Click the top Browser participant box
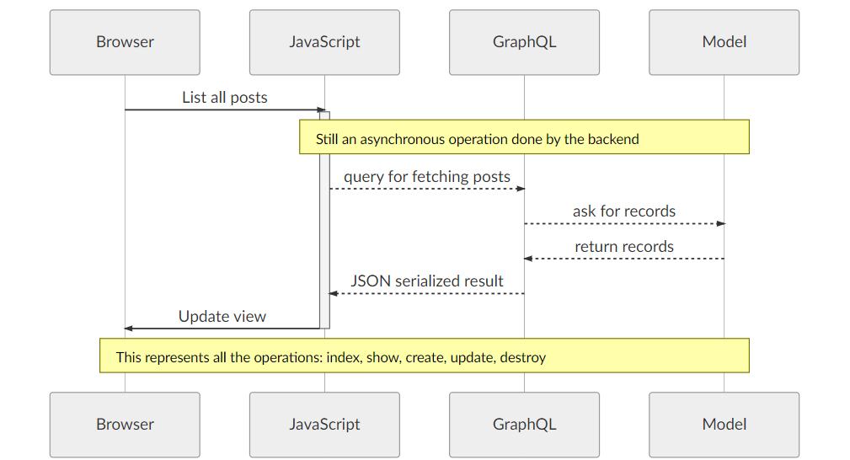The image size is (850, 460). (x=125, y=42)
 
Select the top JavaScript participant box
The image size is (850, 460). (x=324, y=42)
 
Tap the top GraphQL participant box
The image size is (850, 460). (x=524, y=42)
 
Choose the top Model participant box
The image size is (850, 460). (x=724, y=42)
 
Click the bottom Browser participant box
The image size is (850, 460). (x=125, y=425)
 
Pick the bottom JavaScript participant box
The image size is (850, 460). (x=324, y=425)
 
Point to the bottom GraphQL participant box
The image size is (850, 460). (x=524, y=425)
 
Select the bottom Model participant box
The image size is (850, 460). (x=724, y=425)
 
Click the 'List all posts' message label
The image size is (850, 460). (x=224, y=98)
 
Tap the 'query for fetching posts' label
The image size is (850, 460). (x=426, y=177)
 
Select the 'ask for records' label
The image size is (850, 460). (x=623, y=211)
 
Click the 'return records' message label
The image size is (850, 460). (x=623, y=247)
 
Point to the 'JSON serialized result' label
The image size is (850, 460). (x=426, y=281)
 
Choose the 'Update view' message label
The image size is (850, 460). (x=222, y=317)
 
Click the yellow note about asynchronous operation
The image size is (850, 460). (x=524, y=136)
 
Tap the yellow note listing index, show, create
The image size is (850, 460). (x=424, y=356)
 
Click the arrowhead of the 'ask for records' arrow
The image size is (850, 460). (x=720, y=223)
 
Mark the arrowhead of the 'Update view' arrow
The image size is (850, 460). (x=129, y=328)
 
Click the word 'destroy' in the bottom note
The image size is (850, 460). (x=522, y=358)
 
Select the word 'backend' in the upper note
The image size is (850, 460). (x=613, y=140)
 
